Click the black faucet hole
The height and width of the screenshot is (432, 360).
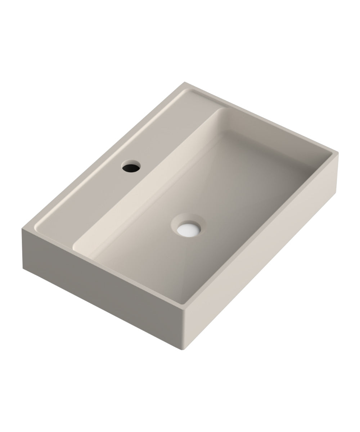point(131,166)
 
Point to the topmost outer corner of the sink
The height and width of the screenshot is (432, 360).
point(185,82)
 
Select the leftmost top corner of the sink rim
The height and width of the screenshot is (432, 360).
point(22,228)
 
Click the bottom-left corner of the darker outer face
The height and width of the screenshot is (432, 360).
point(23,268)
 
